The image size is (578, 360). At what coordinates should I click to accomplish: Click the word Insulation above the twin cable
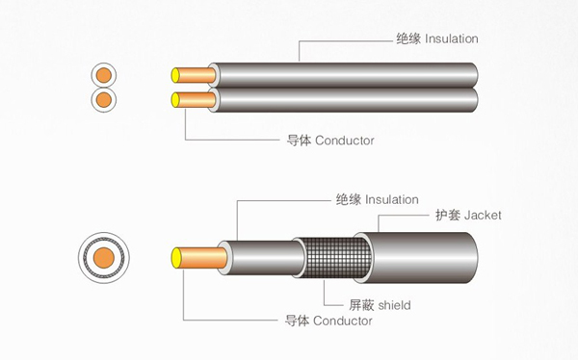pos(452,39)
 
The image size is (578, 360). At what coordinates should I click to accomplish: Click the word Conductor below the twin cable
pos(345,141)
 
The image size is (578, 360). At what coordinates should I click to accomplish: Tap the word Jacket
pos(483,215)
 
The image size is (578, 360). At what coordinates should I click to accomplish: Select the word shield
pos(394,305)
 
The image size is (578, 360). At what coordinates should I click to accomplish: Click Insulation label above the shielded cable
pos(392,199)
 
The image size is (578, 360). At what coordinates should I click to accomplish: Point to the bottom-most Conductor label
pos(342,321)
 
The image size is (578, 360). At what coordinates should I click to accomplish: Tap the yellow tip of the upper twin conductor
pos(175,75)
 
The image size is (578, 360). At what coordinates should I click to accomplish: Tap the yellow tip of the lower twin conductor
pos(175,100)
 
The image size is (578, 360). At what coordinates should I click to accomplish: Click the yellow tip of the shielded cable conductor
pos(177,258)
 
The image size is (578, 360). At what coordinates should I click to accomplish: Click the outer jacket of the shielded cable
pos(416,258)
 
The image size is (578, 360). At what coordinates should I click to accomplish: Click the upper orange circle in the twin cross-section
pos(104,75)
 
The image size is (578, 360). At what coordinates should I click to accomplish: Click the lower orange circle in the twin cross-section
pos(104,100)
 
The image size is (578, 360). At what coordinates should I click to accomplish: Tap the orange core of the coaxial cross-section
pos(104,258)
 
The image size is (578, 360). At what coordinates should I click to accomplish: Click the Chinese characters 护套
pos(448,215)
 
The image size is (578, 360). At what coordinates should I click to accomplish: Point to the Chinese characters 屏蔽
pos(361,305)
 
